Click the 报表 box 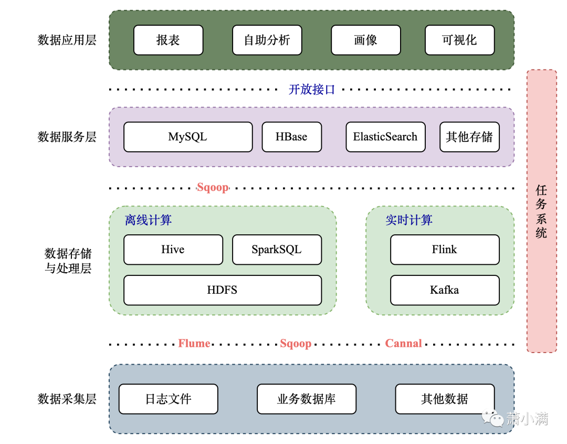click(x=168, y=40)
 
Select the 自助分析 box click(x=267, y=40)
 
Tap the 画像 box click(x=365, y=40)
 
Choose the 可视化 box click(x=459, y=40)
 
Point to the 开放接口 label click(x=311, y=90)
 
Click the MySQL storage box click(x=188, y=137)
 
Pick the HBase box click(x=291, y=137)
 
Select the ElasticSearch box click(x=385, y=137)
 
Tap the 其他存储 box click(x=469, y=137)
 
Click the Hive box click(x=173, y=250)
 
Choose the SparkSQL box click(x=277, y=250)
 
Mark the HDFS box click(x=222, y=290)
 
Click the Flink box click(x=445, y=250)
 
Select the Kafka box click(x=445, y=290)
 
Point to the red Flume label click(x=194, y=344)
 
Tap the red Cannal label click(x=403, y=344)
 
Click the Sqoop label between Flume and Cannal click(x=296, y=344)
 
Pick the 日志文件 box click(x=168, y=399)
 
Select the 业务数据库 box click(x=306, y=399)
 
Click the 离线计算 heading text click(x=148, y=220)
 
